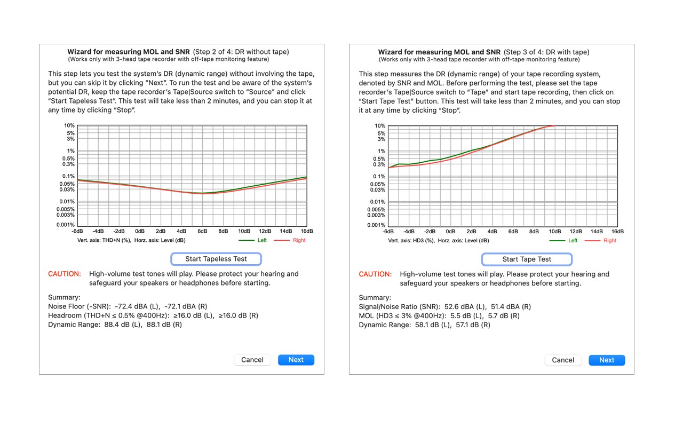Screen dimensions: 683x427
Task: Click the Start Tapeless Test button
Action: point(216,259)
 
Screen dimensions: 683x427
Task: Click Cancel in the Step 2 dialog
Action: point(252,360)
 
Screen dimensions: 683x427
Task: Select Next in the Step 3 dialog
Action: point(607,360)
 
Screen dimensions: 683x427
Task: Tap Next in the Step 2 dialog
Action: point(296,360)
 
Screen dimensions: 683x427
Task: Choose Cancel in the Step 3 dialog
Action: point(563,360)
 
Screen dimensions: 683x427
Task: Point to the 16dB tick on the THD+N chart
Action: point(307,231)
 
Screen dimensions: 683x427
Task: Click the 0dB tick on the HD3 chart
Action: point(450,232)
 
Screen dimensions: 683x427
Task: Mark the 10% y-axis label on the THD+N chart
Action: point(69,125)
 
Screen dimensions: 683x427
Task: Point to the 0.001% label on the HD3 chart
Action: point(376,225)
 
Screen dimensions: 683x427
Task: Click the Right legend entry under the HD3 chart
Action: point(609,240)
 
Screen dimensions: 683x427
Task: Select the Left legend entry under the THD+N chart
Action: point(262,240)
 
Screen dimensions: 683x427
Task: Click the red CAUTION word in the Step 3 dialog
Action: point(375,274)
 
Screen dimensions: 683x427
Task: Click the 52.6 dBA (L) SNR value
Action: point(464,306)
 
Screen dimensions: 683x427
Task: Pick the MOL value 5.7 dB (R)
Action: point(504,315)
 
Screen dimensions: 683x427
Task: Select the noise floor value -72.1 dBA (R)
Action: point(186,306)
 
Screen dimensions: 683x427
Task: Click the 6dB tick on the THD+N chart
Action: point(202,231)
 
